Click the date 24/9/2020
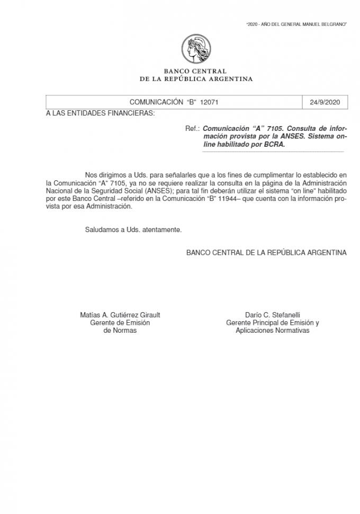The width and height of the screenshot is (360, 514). pyautogui.click(x=325, y=102)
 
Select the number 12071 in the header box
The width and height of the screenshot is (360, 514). pyautogui.click(x=209, y=102)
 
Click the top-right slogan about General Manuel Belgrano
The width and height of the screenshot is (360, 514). pyautogui.click(x=296, y=25)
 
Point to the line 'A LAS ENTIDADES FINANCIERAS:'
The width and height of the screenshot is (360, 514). pyautogui.click(x=101, y=113)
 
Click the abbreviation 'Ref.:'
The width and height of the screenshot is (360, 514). pyautogui.click(x=193, y=129)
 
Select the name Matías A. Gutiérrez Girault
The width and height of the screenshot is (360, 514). pyautogui.click(x=120, y=315)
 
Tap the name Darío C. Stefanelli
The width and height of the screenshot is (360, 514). pyautogui.click(x=273, y=315)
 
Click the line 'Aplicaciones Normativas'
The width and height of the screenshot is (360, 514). pyautogui.click(x=273, y=330)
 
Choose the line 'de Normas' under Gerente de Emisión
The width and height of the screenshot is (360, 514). pyautogui.click(x=120, y=330)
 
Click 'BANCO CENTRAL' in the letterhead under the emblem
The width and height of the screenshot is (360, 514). pyautogui.click(x=195, y=71)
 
